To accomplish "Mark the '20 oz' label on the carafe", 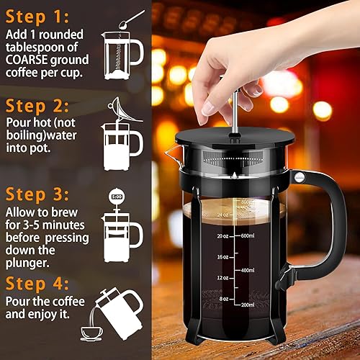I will (204, 235).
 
